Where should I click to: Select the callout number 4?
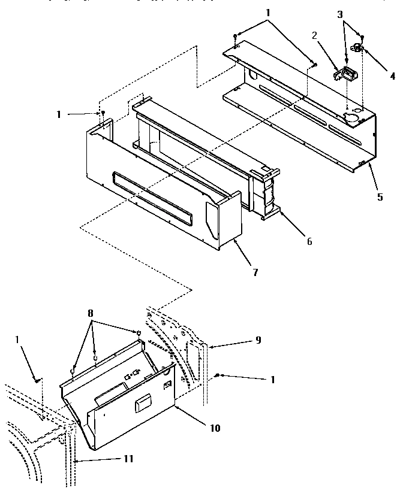[x=393, y=76]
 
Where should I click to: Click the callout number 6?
[x=309, y=243]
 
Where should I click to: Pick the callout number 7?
[x=255, y=272]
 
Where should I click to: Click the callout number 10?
[x=215, y=429]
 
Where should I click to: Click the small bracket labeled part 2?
[x=344, y=74]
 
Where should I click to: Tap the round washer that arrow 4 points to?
[x=357, y=48]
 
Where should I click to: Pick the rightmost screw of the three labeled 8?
[x=139, y=333]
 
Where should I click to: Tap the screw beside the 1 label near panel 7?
[x=103, y=113]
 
